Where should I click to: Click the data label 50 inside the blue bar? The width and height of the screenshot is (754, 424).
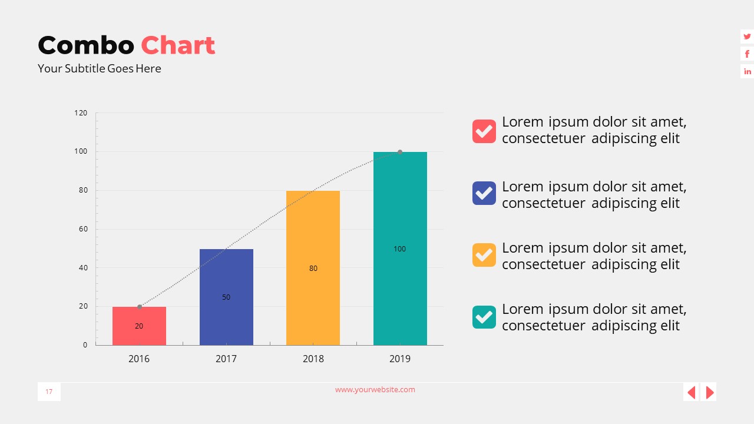click(x=226, y=297)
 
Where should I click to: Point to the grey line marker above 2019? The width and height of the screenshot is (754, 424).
click(x=400, y=152)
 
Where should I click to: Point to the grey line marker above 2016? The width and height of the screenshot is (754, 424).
click(x=140, y=307)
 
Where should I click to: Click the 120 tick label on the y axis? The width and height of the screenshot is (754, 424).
click(x=81, y=112)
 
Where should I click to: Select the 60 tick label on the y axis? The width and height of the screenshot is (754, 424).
click(x=83, y=229)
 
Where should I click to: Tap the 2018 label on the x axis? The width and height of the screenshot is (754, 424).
click(x=313, y=359)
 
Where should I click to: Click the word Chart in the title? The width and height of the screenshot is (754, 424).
click(x=178, y=45)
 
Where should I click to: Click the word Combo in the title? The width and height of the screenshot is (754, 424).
click(x=86, y=45)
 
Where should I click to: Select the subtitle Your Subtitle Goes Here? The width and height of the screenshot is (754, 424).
click(x=99, y=68)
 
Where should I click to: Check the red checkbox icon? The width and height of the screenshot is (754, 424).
click(x=484, y=131)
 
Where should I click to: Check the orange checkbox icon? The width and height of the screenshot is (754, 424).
click(x=484, y=254)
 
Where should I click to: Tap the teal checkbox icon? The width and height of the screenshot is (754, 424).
click(x=484, y=317)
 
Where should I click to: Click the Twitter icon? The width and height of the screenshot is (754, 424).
click(x=747, y=37)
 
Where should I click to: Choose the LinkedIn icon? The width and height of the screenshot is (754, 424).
click(x=747, y=71)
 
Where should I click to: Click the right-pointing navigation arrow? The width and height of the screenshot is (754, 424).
click(x=710, y=392)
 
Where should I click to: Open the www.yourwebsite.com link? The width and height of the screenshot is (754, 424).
click(x=375, y=389)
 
